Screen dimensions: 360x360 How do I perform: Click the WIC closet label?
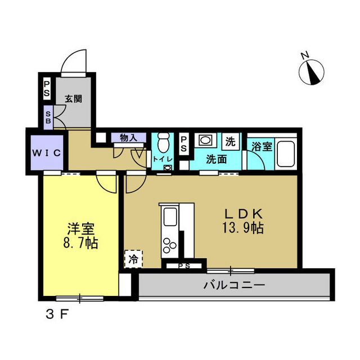pyautogui.click(x=47, y=153)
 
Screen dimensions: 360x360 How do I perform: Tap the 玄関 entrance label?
pyautogui.click(x=73, y=99)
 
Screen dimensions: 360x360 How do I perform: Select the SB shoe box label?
pyautogui.click(x=48, y=118)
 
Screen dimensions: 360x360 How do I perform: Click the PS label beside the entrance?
pyautogui.click(x=47, y=89)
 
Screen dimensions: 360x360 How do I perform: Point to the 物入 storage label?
pyautogui.click(x=129, y=138)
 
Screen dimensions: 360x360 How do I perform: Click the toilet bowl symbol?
pyautogui.click(x=164, y=142)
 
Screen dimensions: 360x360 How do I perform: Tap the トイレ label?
pyautogui.click(x=163, y=159)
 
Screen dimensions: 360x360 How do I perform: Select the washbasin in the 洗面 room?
pyautogui.click(x=205, y=140)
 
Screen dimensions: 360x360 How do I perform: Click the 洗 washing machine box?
pyautogui.click(x=231, y=141)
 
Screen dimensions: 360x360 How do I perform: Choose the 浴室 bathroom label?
pyautogui.click(x=262, y=146)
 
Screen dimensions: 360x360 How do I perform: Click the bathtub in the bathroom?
pyautogui.click(x=286, y=154)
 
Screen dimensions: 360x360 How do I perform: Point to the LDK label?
pyautogui.click(x=243, y=214)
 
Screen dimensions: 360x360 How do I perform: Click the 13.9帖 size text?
pyautogui.click(x=243, y=228)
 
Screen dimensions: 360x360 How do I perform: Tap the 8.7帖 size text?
pyautogui.click(x=80, y=243)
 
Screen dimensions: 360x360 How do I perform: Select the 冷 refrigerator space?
pyautogui.click(x=133, y=259)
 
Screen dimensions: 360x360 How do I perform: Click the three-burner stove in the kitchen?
pyautogui.click(x=169, y=245)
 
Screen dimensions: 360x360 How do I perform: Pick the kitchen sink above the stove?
pyautogui.click(x=170, y=217)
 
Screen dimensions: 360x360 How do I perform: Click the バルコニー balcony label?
pyautogui.click(x=234, y=285)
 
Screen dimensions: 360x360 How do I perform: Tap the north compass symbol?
pyautogui.click(x=312, y=72)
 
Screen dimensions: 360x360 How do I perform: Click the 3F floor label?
pyautogui.click(x=57, y=314)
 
